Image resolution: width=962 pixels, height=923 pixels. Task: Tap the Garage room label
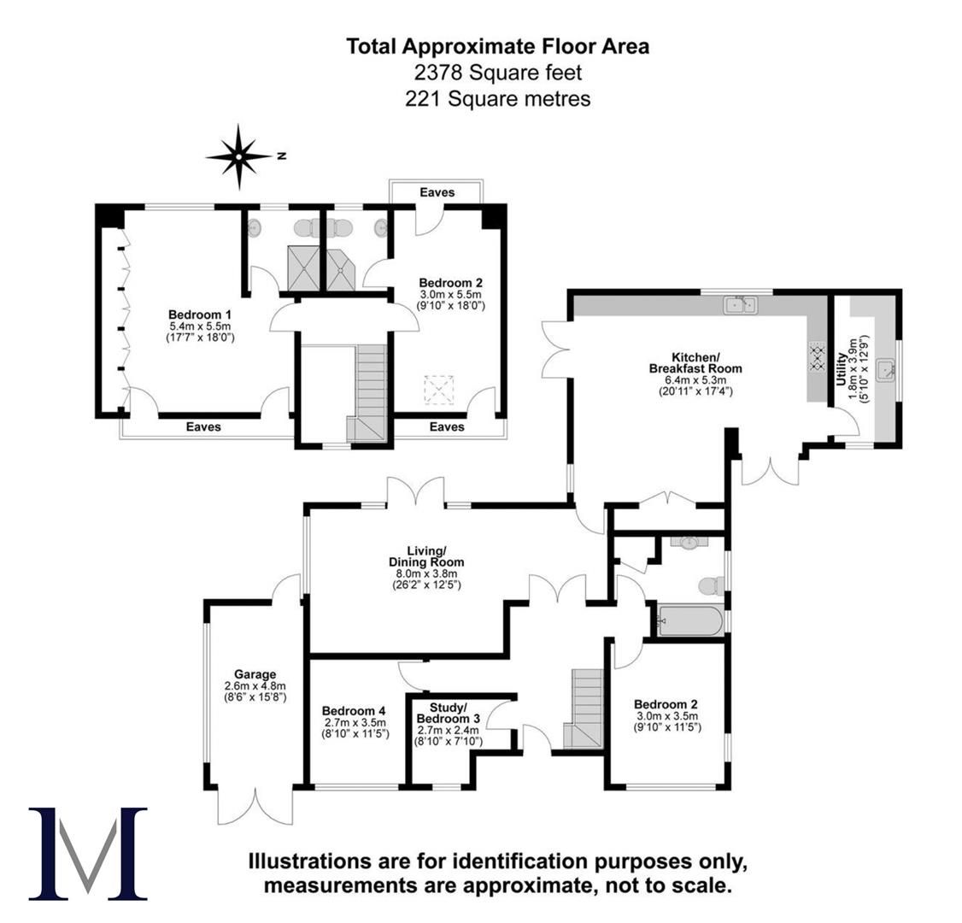254,685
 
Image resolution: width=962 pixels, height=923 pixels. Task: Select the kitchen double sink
741,304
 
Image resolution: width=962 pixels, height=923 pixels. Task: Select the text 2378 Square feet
497,73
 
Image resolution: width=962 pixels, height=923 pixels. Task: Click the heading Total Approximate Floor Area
497,46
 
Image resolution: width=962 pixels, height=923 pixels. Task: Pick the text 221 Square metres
497,99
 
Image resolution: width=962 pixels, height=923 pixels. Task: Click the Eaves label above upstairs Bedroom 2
437,193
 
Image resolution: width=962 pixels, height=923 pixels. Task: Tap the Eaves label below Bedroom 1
203,426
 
